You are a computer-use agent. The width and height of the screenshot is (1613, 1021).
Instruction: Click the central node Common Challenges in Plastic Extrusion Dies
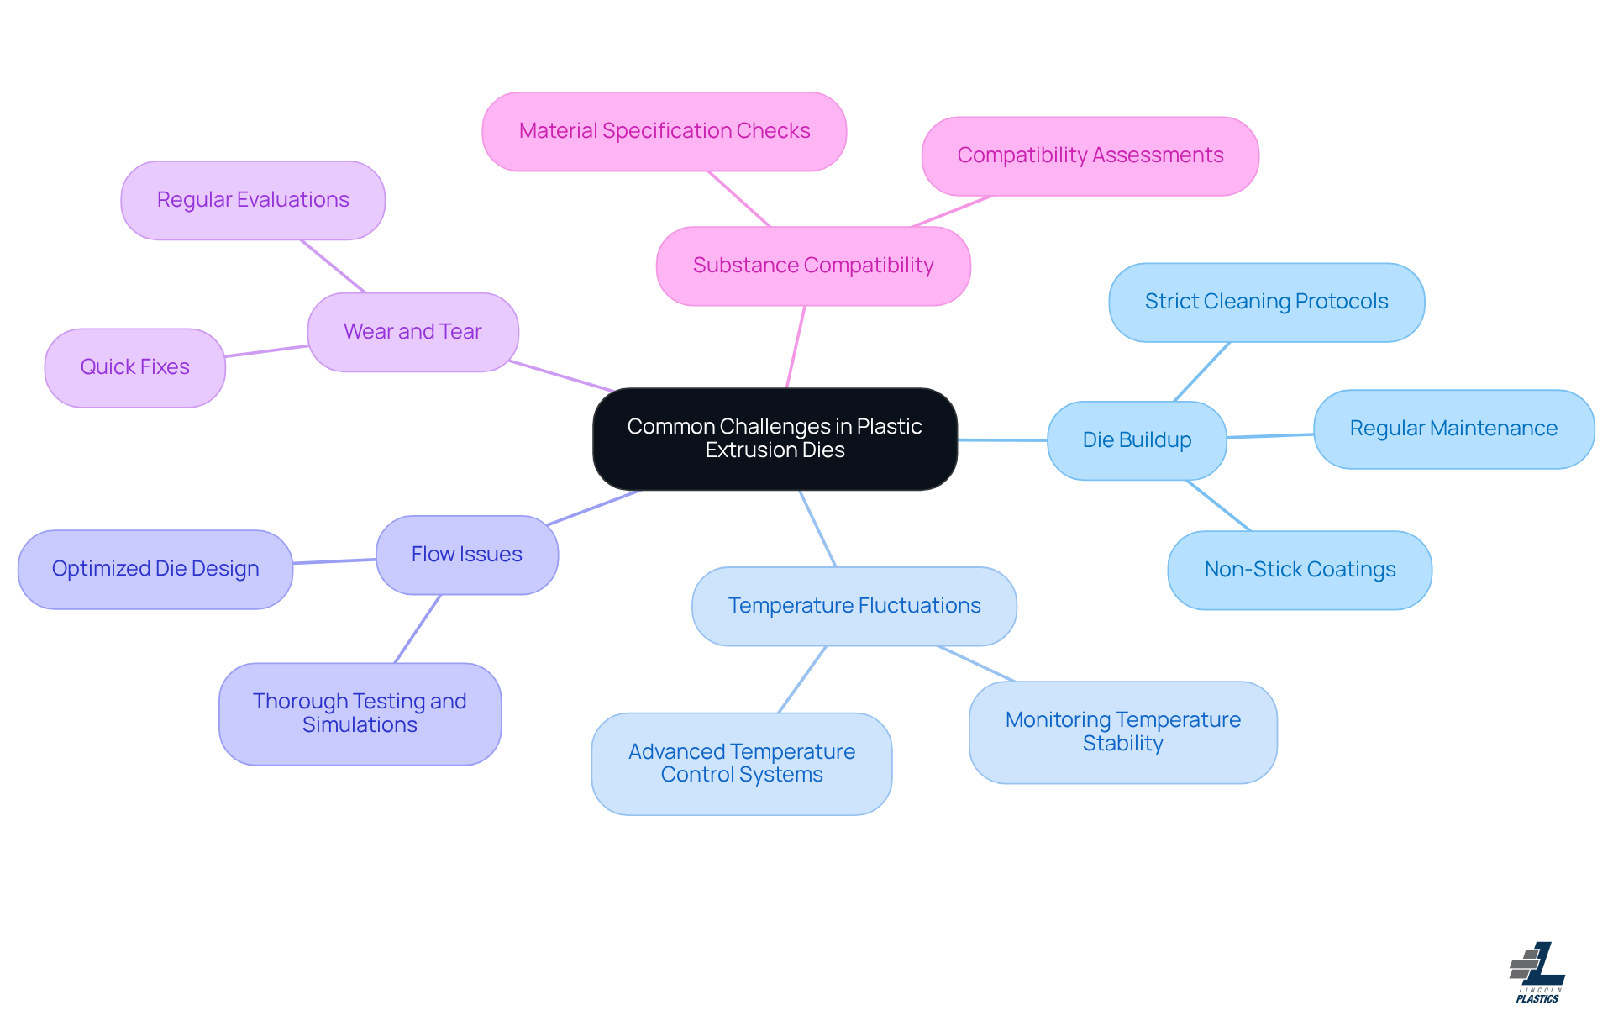point(775,439)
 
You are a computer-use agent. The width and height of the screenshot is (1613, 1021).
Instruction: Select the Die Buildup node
point(1137,440)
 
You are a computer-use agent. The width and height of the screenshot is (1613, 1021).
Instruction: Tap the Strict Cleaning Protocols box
point(1266,302)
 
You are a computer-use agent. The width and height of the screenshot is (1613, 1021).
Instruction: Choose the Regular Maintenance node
point(1453,429)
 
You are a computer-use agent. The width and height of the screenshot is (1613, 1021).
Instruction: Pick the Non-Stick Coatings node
point(1300,570)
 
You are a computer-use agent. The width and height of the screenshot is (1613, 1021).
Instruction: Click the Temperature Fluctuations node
point(854,606)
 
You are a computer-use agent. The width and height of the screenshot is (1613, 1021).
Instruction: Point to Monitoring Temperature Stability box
point(1122,732)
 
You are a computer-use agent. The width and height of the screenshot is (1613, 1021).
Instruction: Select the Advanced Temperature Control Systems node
point(742,763)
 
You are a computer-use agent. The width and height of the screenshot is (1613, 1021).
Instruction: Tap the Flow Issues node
point(466,555)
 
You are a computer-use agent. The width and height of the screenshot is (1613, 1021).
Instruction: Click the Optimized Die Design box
point(155,569)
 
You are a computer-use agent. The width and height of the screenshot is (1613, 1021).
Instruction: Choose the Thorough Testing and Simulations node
point(360,713)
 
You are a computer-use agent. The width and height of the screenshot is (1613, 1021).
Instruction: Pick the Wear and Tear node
point(412,332)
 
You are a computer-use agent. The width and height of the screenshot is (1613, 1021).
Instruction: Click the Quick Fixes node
point(134,367)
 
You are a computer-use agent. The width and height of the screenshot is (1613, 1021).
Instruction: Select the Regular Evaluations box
point(253,200)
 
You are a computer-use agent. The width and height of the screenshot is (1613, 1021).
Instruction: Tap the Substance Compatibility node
point(813,266)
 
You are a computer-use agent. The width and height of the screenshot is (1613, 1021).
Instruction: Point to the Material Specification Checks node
point(664,131)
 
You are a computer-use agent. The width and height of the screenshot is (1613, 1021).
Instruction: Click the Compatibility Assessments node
point(1090,155)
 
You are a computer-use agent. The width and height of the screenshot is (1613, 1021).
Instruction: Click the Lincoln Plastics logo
point(1538,972)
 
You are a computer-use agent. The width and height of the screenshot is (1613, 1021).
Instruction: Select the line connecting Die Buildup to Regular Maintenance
point(1270,435)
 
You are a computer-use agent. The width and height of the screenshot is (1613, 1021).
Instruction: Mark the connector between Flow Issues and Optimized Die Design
point(334,560)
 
